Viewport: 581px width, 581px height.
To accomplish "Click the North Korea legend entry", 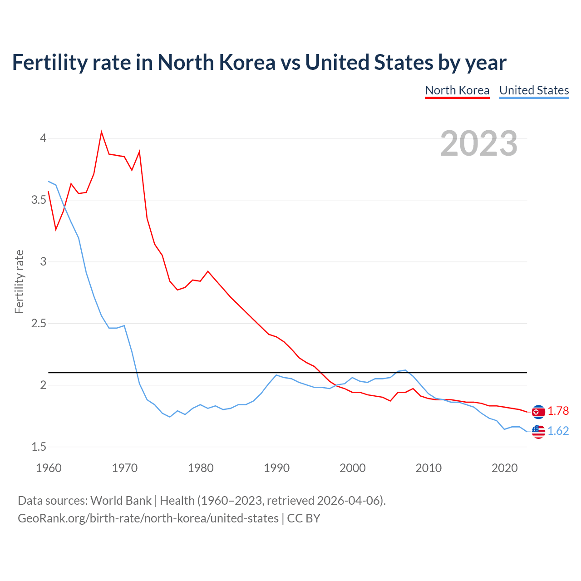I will tap(457, 90).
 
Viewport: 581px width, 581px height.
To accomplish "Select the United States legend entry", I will tap(534, 90).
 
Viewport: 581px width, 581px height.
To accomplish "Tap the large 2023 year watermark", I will tap(478, 143).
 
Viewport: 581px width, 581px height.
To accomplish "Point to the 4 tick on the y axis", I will tap(43, 138).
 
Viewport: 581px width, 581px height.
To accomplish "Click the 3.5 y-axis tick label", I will tap(39, 200).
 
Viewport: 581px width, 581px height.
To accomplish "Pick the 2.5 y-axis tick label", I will tap(39, 324).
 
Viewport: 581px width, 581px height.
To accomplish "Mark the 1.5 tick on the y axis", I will tap(39, 447).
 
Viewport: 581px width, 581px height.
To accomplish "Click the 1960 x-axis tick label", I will tap(49, 468).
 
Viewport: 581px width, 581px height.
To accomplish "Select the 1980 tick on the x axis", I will tap(201, 468).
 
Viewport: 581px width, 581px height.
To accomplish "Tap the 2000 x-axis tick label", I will tap(353, 468).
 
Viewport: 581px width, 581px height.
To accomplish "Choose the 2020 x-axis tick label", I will tap(504, 468).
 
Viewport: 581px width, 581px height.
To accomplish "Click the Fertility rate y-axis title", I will tap(19, 281).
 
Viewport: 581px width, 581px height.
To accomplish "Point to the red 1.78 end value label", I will tap(558, 411).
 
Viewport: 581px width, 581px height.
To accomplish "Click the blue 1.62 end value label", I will tap(558, 431).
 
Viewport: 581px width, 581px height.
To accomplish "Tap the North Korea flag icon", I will tap(538, 412).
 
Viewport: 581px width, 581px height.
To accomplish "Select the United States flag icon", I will tap(538, 431).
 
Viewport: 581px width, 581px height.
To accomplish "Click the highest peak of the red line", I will tap(101, 132).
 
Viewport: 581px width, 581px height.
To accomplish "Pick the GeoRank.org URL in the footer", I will tap(148, 518).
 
